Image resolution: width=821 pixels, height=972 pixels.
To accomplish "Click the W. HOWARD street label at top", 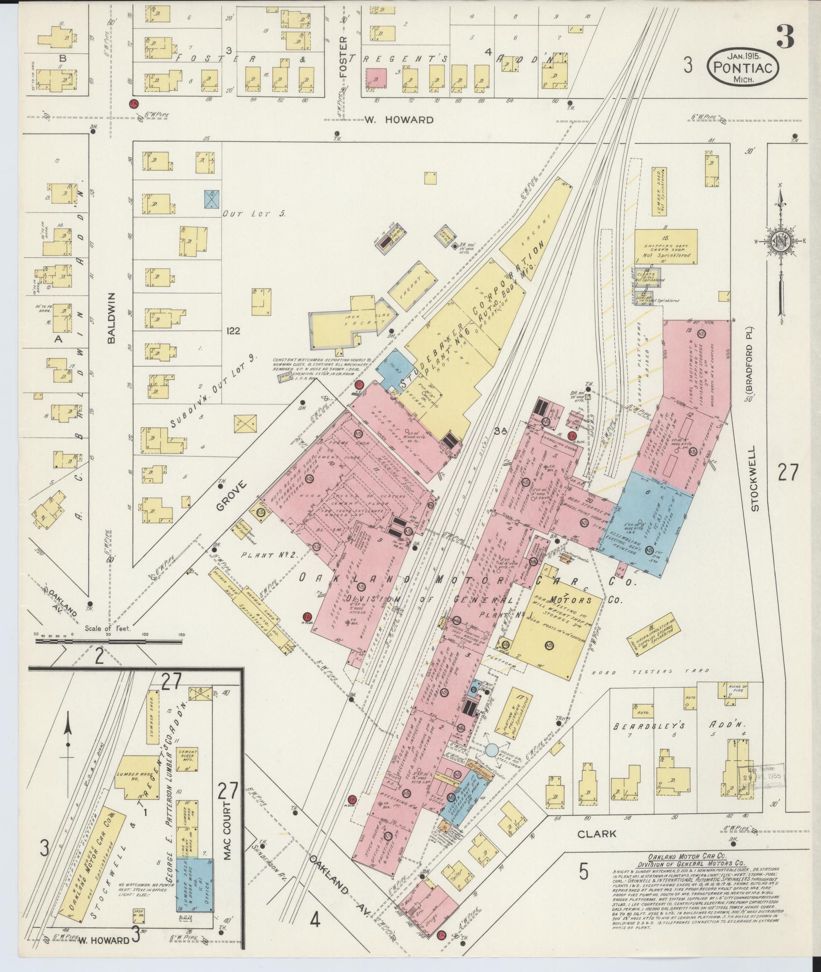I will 399,120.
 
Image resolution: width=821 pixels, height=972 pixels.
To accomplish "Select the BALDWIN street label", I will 111,318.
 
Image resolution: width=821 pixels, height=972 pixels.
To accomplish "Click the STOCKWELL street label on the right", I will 754,478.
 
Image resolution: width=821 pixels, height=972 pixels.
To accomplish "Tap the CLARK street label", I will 597,833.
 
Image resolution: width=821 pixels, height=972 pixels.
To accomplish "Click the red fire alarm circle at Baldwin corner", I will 134,103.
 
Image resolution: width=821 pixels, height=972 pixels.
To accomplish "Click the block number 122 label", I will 233,331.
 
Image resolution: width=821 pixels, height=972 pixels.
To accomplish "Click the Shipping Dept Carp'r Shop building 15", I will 666,247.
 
